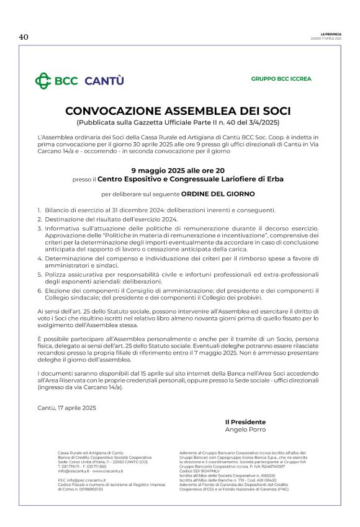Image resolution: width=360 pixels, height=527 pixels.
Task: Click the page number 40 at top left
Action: [24, 37]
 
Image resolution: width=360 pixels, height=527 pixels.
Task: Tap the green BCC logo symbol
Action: [43, 81]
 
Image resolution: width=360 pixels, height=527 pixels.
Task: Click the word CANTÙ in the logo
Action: [104, 81]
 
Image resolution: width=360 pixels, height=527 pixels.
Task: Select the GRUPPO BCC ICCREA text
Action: [281, 79]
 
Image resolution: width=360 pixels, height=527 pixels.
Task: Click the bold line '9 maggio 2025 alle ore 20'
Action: [178, 169]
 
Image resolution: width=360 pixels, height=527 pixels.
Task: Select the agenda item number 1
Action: [39, 210]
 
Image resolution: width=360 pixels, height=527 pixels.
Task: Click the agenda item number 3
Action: [39, 228]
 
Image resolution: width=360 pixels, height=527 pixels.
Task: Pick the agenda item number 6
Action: [39, 291]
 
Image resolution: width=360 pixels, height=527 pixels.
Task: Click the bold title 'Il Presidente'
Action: [245, 421]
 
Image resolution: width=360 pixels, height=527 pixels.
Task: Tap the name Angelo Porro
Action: [245, 429]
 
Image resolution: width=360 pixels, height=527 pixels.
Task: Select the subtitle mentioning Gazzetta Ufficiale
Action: [178, 122]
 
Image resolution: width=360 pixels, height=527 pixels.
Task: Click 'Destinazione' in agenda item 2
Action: [65, 219]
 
